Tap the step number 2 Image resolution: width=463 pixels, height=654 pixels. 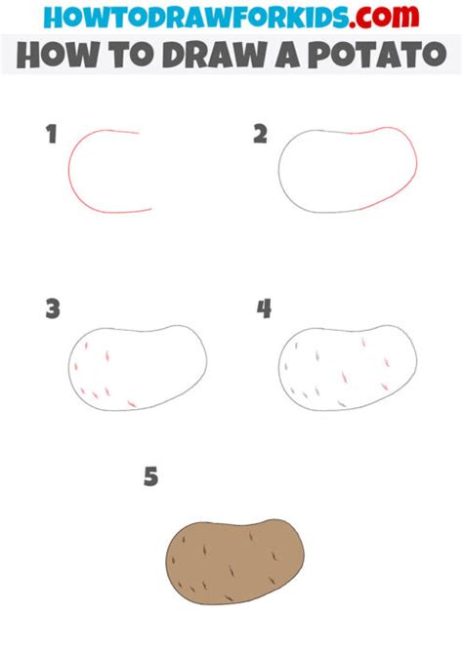point(260,135)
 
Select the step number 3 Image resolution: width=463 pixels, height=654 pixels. point(52,309)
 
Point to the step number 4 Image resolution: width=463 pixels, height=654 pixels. point(264,309)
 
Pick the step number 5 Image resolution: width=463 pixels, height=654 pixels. point(150,476)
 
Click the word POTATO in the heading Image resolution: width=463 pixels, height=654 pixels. point(382,55)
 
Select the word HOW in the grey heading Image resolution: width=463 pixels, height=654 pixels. point(55,55)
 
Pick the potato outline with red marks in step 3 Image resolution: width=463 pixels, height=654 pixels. point(137,368)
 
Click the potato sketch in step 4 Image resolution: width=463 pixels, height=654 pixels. point(348,368)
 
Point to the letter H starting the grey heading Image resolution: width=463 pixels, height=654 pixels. point(30,55)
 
